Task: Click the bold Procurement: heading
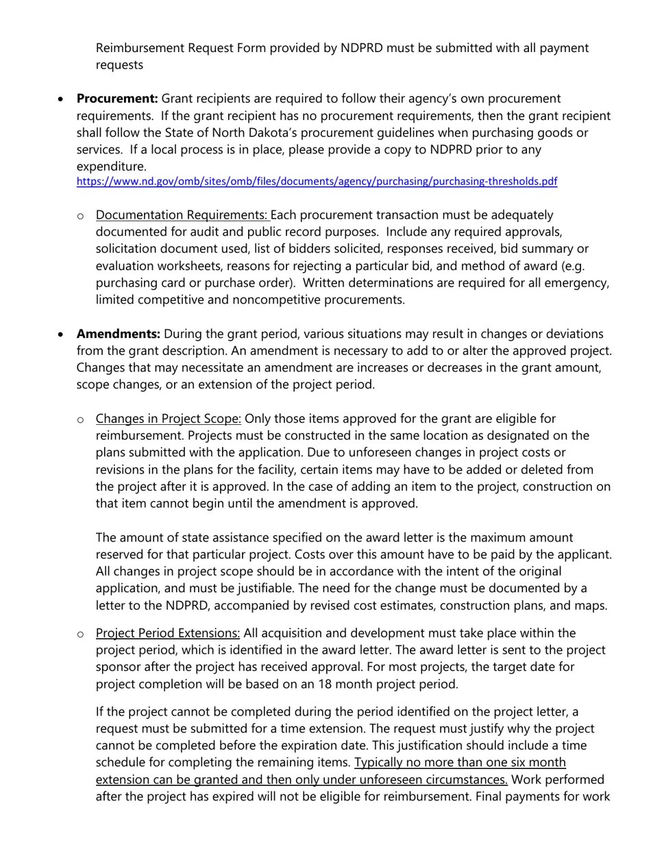[117, 99]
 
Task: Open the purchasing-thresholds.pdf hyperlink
[317, 182]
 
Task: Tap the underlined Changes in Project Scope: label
[169, 419]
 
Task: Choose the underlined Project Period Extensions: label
[168, 633]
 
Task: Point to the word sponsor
[119, 667]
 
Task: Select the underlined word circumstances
[464, 779]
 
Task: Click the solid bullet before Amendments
[62, 334]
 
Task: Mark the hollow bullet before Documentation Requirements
[81, 216]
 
